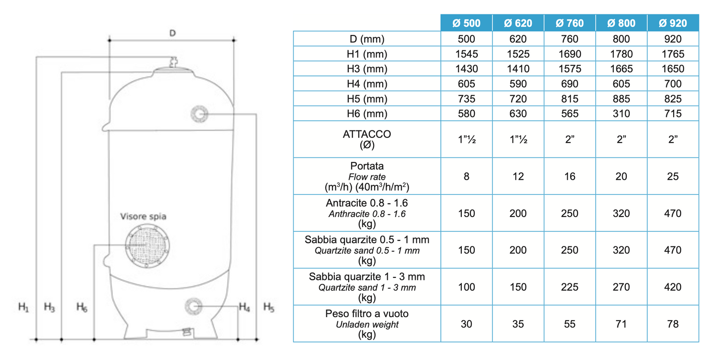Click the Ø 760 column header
pos(570,23)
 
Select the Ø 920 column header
pos(673,23)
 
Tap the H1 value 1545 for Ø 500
pos(466,54)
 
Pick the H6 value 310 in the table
pos(621,114)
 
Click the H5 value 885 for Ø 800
pos(621,99)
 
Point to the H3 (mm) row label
pos(367,69)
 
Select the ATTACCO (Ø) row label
pos(367,139)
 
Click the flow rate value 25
pos(673,176)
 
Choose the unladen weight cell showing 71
pos(621,324)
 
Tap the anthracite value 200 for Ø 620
pos(518,213)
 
